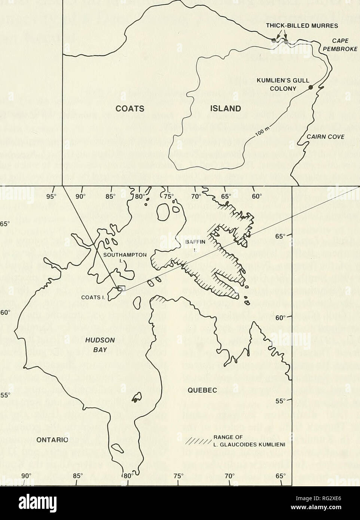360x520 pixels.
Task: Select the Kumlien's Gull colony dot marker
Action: point(310,88)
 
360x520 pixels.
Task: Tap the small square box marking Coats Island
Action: point(120,288)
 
